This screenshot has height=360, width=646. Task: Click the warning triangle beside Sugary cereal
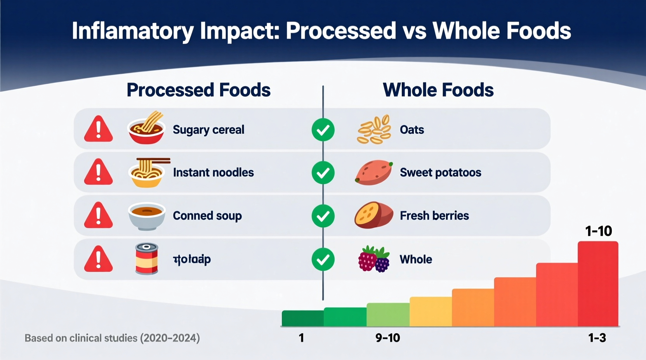[x=98, y=129]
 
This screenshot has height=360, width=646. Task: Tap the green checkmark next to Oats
[x=323, y=130]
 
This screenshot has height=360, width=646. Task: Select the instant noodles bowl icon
[x=147, y=173]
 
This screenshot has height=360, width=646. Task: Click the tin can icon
[x=147, y=259]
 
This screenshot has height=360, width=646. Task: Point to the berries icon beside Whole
[x=373, y=259]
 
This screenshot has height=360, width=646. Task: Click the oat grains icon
[x=374, y=130]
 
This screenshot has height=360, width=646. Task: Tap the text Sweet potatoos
[x=440, y=173]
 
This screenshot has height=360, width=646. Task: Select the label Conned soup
[x=207, y=216]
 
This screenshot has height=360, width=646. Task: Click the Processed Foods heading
[x=198, y=90]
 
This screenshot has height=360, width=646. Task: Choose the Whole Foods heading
[x=438, y=90]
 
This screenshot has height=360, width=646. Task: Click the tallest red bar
[x=598, y=284]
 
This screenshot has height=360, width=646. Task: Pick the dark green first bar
[x=302, y=318]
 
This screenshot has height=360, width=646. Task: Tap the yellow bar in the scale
[x=431, y=312]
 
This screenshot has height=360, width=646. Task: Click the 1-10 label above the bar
[x=598, y=231]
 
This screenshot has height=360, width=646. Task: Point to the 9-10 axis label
[x=387, y=338]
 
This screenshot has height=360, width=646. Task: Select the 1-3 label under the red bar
[x=597, y=338]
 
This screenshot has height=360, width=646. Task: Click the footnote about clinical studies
[x=112, y=338]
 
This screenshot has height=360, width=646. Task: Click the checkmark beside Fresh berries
[x=323, y=216]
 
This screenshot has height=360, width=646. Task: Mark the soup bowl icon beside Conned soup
[x=147, y=216]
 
